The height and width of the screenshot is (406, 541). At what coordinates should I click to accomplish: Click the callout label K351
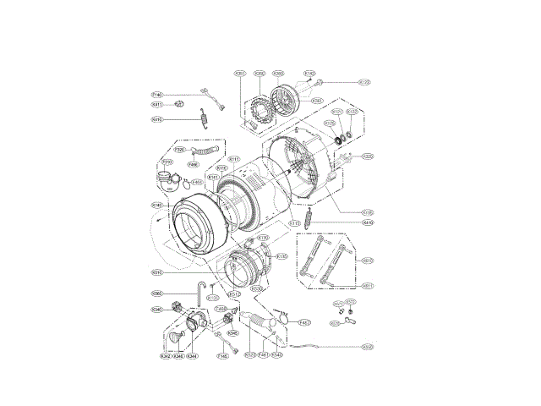click(239, 74)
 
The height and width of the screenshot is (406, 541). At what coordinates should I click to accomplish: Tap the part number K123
click(364, 82)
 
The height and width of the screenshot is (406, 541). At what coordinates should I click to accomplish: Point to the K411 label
click(157, 105)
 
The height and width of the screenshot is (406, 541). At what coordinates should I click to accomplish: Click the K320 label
click(368, 156)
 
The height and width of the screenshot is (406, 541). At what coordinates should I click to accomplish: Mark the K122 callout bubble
click(352, 112)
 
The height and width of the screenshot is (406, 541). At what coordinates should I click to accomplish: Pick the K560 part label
click(156, 294)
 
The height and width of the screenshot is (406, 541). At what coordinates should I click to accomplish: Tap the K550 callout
click(368, 347)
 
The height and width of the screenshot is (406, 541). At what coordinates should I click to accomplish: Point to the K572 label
click(352, 302)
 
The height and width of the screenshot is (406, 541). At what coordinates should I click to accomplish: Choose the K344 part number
click(193, 356)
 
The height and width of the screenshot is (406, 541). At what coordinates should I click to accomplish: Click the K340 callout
click(156, 310)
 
